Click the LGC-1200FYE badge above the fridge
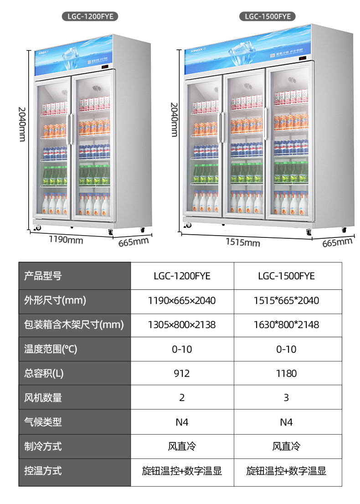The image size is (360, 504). coord(90,17)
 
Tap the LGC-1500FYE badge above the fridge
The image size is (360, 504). coord(267,17)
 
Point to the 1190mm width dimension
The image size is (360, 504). coord(66,240)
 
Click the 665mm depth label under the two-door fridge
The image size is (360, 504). coord(134,242)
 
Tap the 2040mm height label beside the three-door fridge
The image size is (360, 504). coord(174,119)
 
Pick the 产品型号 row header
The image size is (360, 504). coord(43,276)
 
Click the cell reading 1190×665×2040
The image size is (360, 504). coord(182,301)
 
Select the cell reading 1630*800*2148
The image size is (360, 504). coord(286,325)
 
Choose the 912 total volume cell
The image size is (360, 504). coord(182,374)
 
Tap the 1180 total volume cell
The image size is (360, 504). coord(286,374)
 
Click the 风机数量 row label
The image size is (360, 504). coord(43,398)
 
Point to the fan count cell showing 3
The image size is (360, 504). coord(286,398)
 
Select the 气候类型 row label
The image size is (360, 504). coord(43,422)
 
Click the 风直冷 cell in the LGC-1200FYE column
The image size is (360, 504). coord(182,447)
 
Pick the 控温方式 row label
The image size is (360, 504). coord(43,471)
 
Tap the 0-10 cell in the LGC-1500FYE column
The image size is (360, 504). coord(286,350)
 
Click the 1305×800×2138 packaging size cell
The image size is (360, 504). coord(182,325)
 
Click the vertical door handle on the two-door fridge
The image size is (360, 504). coord(71,130)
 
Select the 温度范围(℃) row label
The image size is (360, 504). coord(51,350)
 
